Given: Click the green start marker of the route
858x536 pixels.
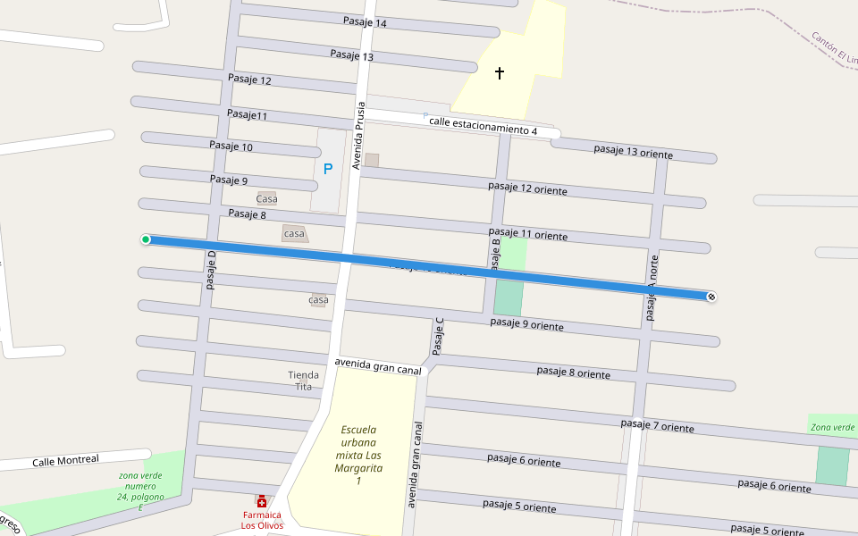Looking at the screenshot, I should (146, 239).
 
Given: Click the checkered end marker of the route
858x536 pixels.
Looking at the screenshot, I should (711, 297).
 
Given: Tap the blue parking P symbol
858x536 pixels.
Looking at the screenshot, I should (328, 168).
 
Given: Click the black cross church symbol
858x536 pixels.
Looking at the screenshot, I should (500, 73).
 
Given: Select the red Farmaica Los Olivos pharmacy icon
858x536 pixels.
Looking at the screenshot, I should (262, 502).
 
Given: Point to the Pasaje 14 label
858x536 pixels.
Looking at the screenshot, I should (365, 22).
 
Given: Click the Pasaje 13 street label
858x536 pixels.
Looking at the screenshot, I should (351, 55).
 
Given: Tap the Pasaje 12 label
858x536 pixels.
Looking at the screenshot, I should (249, 80).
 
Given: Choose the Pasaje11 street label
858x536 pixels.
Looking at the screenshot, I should (247, 114).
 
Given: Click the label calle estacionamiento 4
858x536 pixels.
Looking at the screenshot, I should (483, 125).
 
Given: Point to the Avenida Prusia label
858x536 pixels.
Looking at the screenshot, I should (358, 135).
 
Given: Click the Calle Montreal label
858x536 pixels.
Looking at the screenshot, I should (65, 461).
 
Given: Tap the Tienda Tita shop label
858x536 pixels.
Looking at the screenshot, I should (304, 381).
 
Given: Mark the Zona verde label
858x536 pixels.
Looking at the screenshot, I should (832, 428).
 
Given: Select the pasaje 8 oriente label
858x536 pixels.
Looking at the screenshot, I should (573, 372).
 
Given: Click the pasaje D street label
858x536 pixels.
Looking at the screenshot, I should (212, 270).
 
